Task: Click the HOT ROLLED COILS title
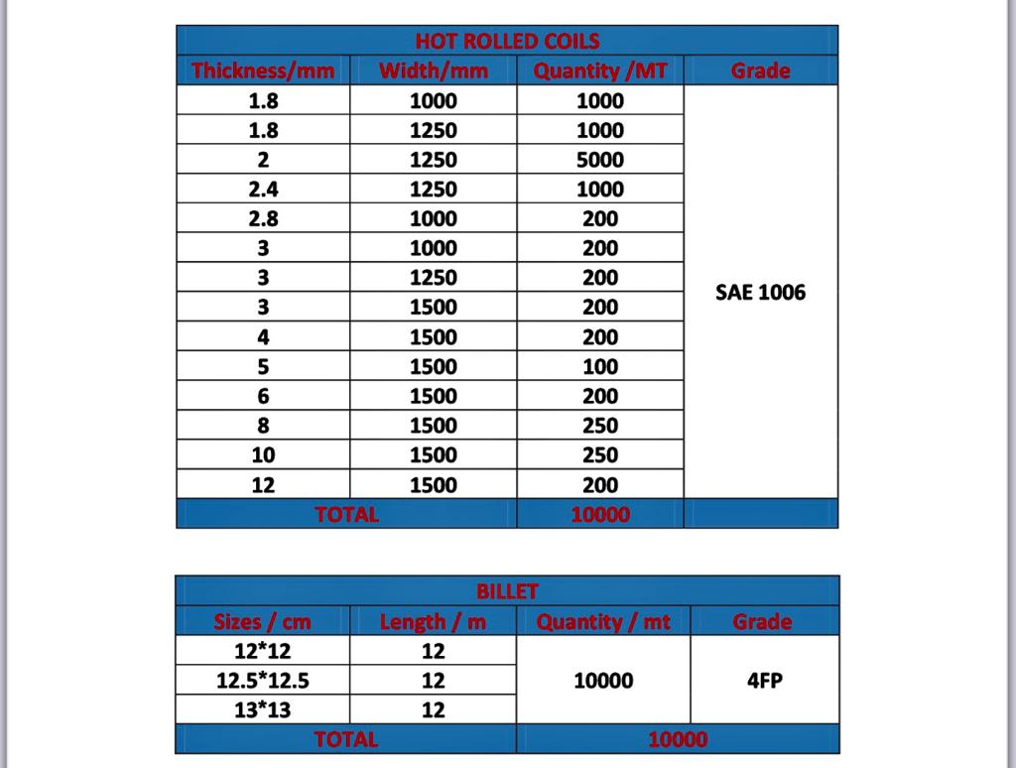point(507,41)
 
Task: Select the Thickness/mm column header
point(263,70)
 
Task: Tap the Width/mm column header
point(434,70)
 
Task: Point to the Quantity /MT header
point(600,70)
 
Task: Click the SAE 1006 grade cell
point(760,293)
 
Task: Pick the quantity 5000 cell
point(600,160)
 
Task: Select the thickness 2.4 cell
point(263,190)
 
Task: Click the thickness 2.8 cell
point(263,218)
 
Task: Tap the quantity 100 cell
point(600,366)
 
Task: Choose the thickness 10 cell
point(263,455)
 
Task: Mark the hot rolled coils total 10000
point(600,514)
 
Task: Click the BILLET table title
point(507,591)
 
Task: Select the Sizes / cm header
point(263,622)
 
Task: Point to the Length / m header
point(434,622)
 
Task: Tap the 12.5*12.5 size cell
point(263,681)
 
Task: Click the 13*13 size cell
point(263,709)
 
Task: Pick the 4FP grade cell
point(764,681)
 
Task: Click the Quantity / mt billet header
point(603,622)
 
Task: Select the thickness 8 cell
point(263,426)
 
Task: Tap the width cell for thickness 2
point(434,160)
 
